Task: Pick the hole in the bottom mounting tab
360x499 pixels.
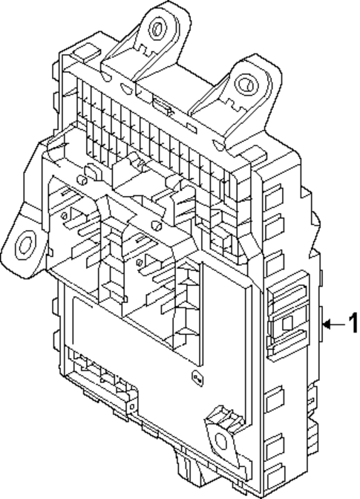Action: coord(222,441)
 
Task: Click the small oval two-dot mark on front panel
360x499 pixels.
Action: coord(195,376)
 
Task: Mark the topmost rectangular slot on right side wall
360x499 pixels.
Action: coord(272,197)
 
